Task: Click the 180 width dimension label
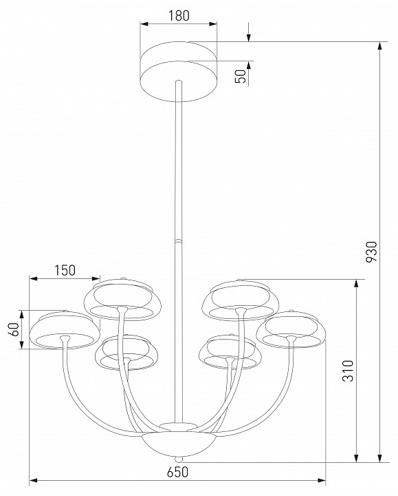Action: pos(179,14)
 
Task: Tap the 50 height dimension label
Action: pos(240,76)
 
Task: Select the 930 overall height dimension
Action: pos(371,253)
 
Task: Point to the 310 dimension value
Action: pos(347,372)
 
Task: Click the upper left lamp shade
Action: pos(122,298)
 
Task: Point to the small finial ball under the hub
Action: pos(178,459)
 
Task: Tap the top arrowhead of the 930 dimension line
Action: pos(379,46)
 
